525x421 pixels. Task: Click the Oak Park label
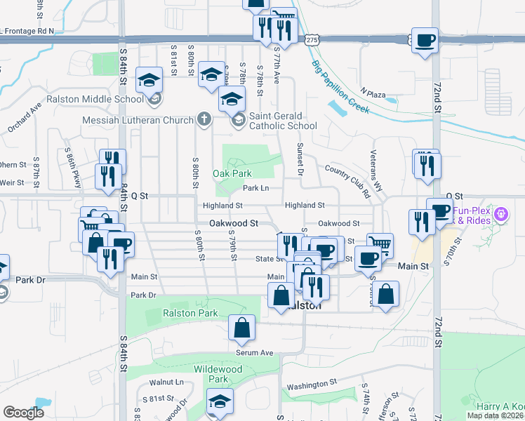click(232, 173)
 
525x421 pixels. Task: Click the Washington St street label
click(312, 385)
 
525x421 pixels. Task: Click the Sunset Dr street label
click(299, 159)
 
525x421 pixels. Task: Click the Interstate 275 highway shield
click(312, 41)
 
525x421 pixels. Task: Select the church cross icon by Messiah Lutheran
click(204, 119)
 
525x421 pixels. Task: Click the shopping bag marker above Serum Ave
click(241, 329)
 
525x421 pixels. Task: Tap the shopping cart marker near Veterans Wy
click(380, 246)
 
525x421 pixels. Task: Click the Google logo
click(23, 413)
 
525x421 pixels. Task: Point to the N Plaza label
click(373, 93)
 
